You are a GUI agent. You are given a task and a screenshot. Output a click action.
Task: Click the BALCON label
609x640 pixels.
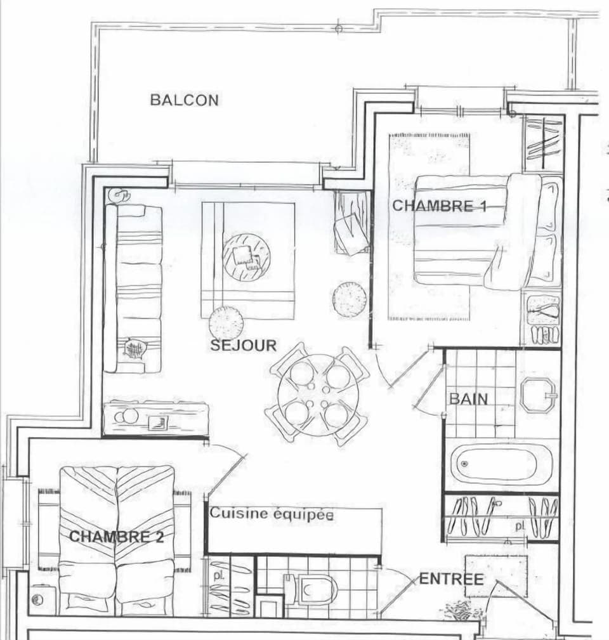[x=184, y=100]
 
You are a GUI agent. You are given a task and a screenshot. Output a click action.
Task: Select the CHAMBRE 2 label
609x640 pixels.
[x=116, y=537]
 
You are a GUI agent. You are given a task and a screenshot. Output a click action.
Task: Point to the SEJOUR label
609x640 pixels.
[x=244, y=346]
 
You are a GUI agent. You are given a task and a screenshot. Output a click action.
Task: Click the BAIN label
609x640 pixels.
[x=469, y=399]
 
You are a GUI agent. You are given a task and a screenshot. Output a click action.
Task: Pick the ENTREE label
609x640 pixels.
[x=451, y=579]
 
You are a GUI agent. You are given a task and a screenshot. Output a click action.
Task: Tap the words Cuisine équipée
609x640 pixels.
[x=272, y=514]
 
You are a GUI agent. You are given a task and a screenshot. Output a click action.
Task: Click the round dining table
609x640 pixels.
[x=317, y=395]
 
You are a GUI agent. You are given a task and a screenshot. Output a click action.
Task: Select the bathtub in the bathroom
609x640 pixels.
[x=502, y=464]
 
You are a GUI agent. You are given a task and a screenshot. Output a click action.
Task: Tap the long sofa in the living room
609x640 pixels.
[x=134, y=289]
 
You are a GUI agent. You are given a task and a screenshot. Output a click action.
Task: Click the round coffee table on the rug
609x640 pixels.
[x=246, y=257]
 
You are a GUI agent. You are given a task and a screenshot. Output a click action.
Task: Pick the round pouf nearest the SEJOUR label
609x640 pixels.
[x=226, y=322]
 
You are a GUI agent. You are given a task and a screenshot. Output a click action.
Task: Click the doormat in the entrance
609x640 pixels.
[x=496, y=576]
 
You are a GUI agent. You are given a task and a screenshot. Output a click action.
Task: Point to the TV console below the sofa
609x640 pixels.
[x=155, y=418]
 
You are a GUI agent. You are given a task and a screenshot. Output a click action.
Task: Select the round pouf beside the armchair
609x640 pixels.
[x=350, y=299]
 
